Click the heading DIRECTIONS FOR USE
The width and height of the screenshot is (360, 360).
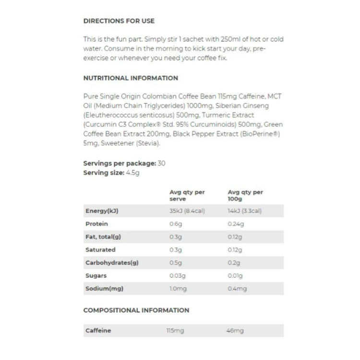coord(119,21)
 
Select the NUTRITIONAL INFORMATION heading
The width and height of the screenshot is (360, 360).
coord(131,78)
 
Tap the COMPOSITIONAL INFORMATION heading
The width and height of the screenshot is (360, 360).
coord(136,310)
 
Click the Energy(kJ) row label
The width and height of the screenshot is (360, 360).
coord(102,211)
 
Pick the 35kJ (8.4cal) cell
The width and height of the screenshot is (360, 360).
coord(187,211)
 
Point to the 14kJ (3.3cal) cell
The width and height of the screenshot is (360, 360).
coord(245,211)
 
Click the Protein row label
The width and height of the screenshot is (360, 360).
coord(96,224)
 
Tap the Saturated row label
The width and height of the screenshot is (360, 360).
coord(100,250)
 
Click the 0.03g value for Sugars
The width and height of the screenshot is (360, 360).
coord(178,276)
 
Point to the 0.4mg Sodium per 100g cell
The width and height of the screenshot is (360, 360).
coord(237,288)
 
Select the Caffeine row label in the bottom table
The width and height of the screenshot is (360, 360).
coord(98,330)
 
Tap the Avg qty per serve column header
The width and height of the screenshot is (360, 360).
coord(187,195)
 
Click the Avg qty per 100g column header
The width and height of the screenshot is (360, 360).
coord(245,195)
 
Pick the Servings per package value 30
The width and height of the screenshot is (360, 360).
coord(162,163)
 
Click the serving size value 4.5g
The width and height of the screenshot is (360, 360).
coord(133,172)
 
